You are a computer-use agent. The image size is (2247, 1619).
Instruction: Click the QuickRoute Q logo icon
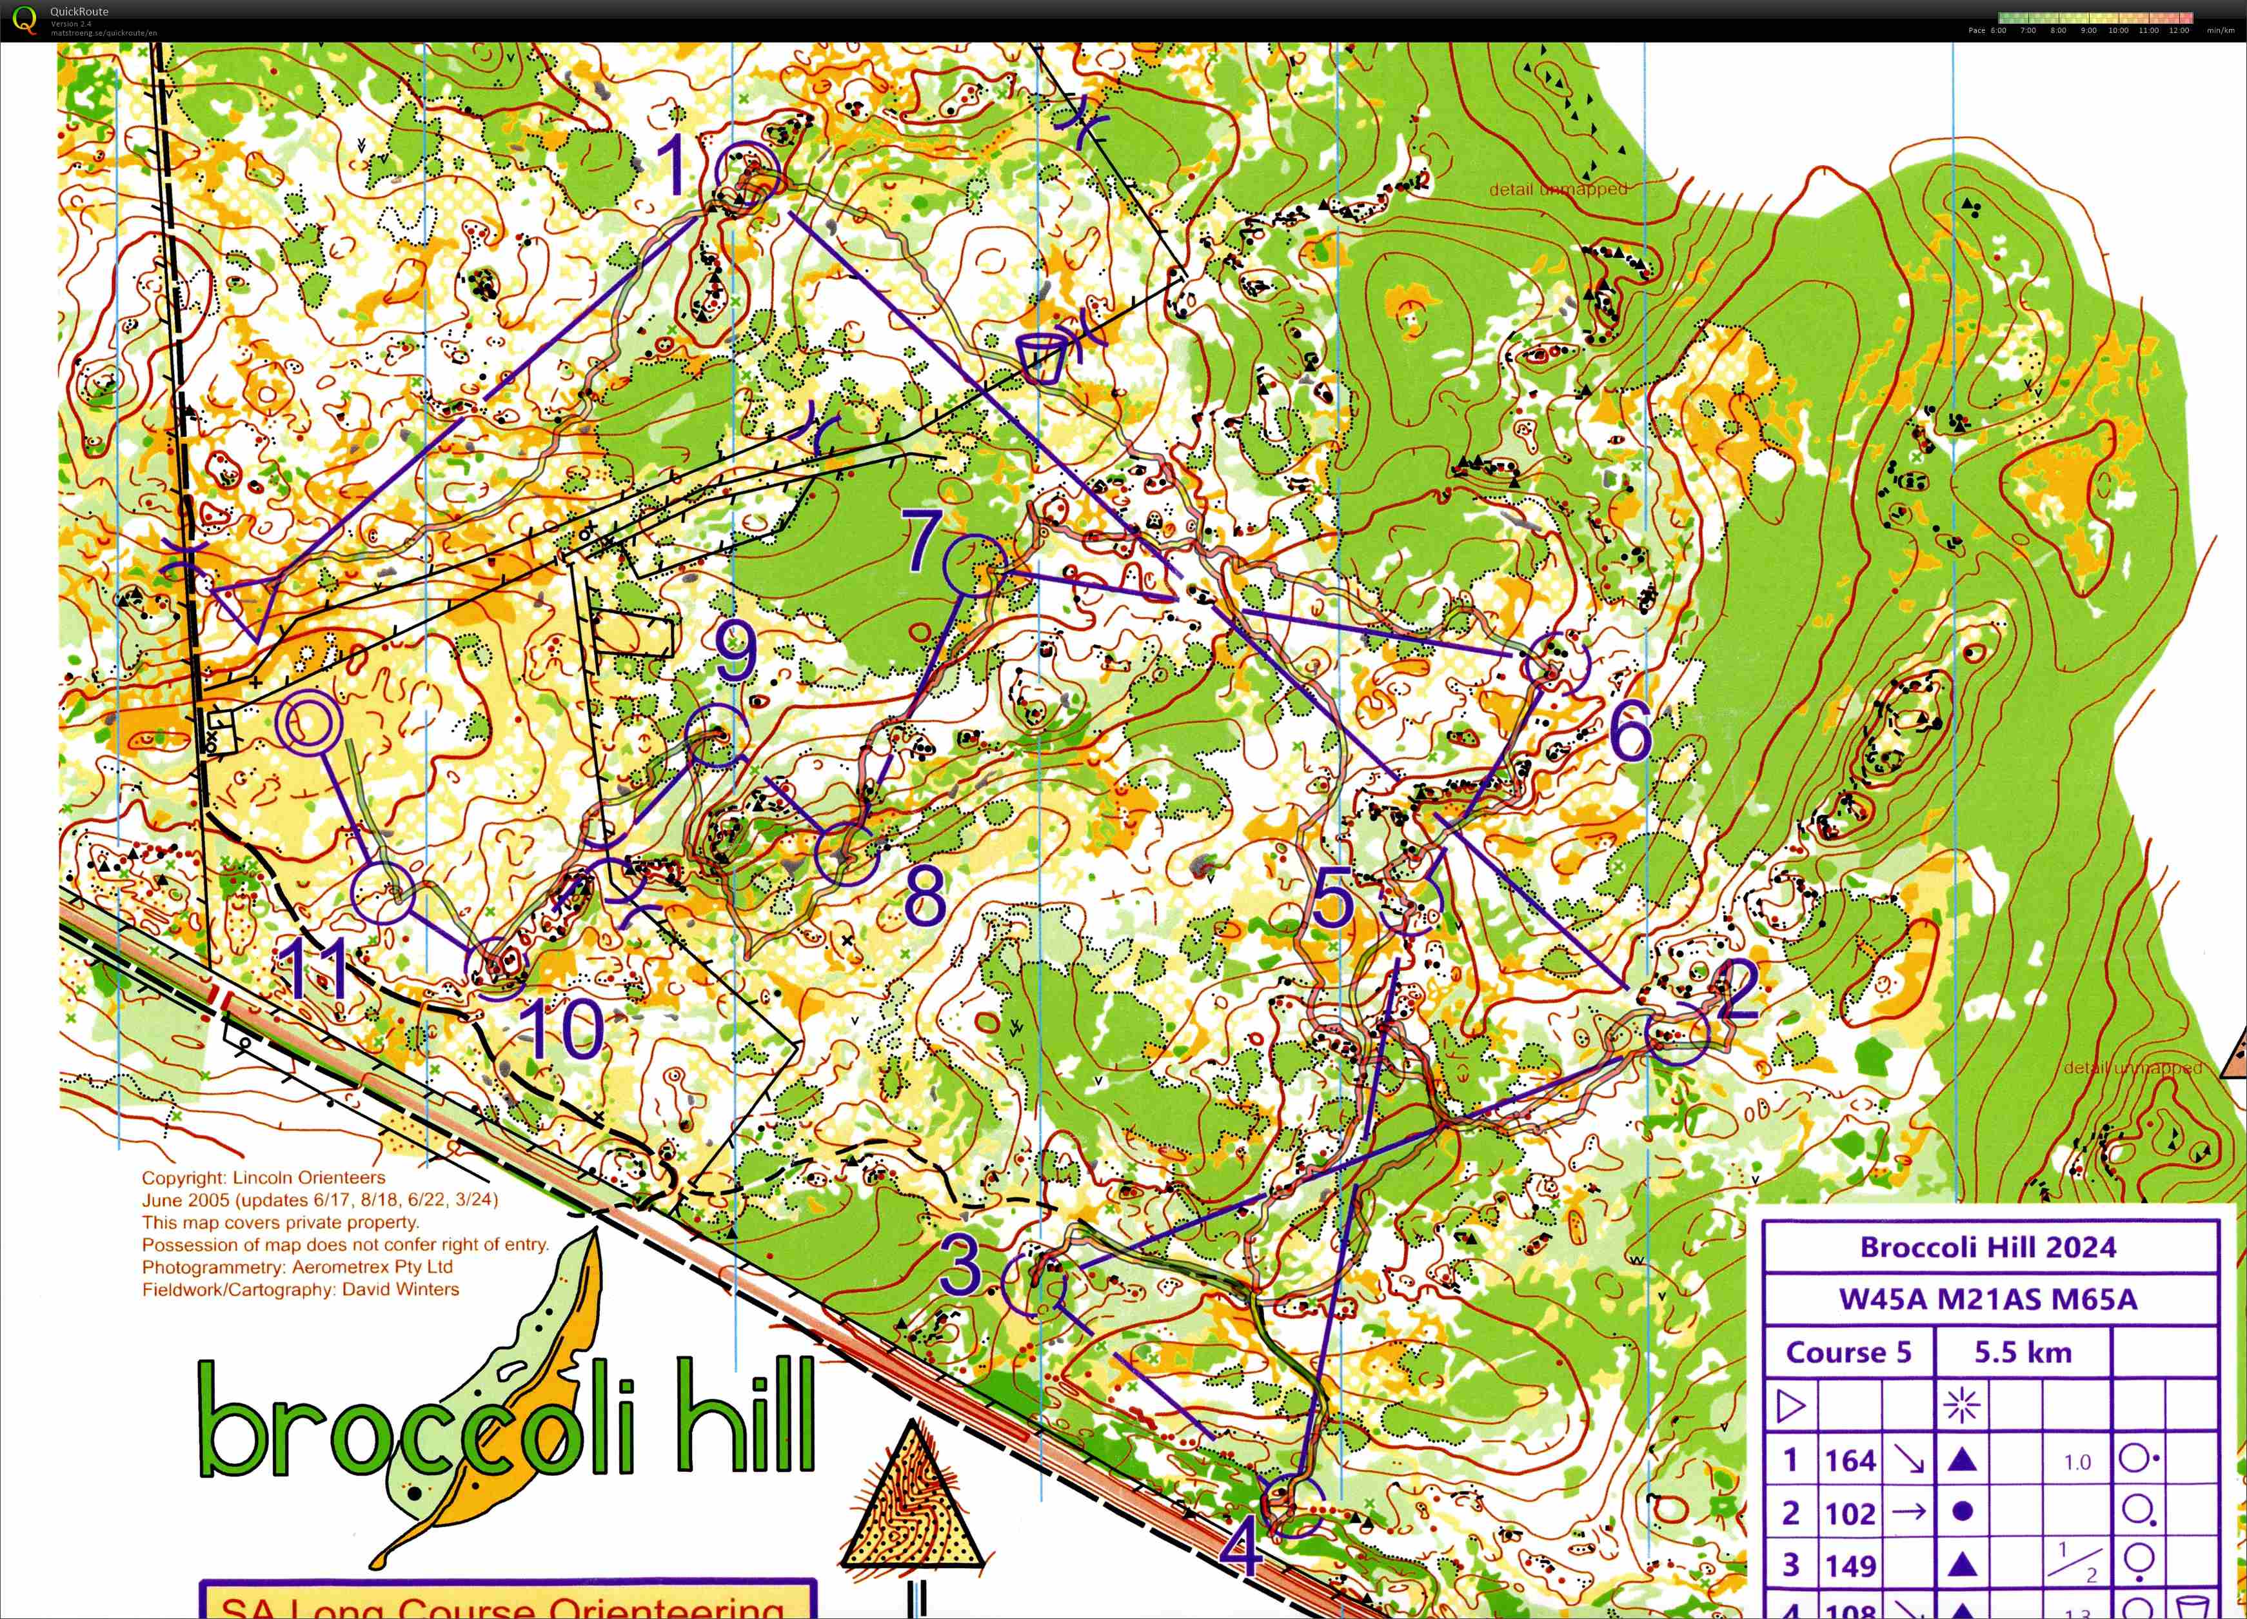pyautogui.click(x=24, y=19)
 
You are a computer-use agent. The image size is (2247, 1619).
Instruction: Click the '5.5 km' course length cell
pyautogui.click(x=2022, y=1353)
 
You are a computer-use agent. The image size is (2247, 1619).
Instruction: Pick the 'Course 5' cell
pyautogui.click(x=1848, y=1353)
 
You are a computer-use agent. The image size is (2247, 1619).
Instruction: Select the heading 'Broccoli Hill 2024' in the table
pyautogui.click(x=1988, y=1247)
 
